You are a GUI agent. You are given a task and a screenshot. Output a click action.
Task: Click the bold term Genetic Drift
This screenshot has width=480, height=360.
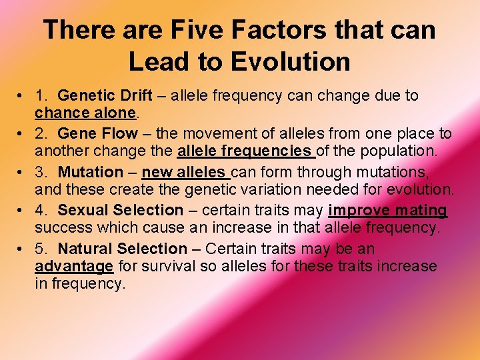[x=105, y=96]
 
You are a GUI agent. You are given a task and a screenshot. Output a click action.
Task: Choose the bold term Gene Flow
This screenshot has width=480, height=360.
[x=98, y=134]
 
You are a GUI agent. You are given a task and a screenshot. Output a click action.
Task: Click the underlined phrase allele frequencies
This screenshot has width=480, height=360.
[x=245, y=151]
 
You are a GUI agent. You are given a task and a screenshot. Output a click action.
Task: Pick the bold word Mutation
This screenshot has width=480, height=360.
[x=91, y=173]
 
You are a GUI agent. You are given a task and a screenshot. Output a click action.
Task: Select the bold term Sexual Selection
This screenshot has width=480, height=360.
[x=121, y=211]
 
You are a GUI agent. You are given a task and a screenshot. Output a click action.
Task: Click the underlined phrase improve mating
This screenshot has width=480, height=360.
[x=387, y=211]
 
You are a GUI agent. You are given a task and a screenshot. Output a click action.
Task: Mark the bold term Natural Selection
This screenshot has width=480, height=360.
[x=123, y=249]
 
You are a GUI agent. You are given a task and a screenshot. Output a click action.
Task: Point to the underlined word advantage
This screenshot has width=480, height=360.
[x=74, y=267]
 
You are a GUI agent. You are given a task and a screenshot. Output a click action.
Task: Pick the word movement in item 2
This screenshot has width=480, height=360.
[x=212, y=134]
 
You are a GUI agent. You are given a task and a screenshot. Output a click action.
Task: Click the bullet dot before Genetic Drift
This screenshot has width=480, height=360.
[x=23, y=96]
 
